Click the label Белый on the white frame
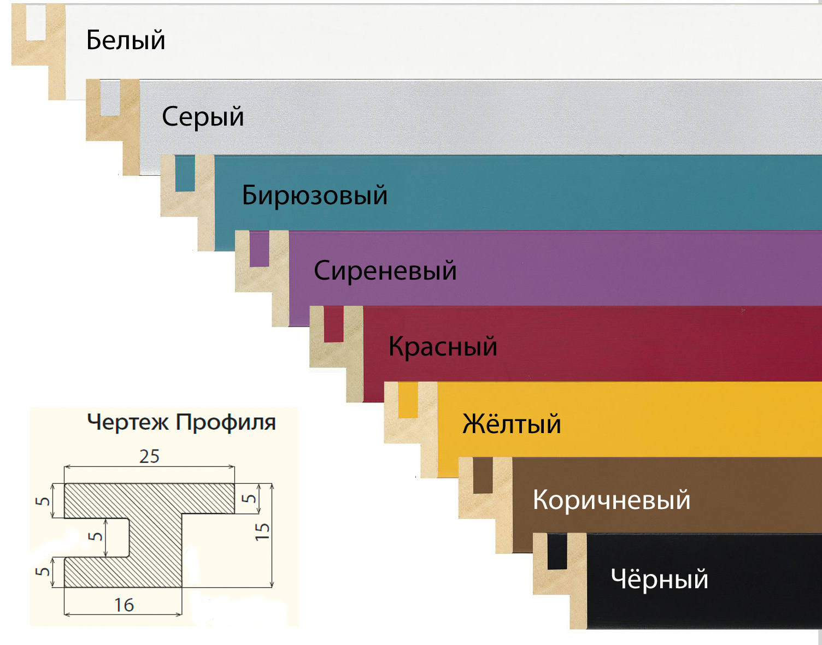126,40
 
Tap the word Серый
203,117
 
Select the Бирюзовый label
315,196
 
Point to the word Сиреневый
385,271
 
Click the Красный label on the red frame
443,346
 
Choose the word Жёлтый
512,423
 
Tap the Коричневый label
611,500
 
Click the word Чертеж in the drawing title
128,422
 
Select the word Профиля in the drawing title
226,422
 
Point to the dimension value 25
149,457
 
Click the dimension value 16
124,605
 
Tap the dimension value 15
262,532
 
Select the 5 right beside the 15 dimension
249,499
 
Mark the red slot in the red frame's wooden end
333,324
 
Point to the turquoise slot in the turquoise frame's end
185,174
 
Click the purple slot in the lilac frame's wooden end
259,249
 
